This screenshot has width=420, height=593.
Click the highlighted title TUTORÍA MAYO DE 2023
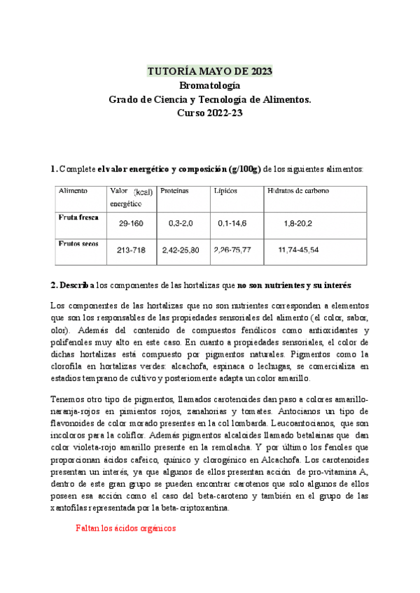tap(209, 71)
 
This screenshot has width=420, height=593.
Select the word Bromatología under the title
tap(209, 85)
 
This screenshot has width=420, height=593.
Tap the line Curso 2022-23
tap(209, 113)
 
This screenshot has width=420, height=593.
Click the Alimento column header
tap(73, 191)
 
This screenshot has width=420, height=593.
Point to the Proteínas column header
tap(174, 191)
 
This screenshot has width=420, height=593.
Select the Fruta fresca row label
tap(78, 217)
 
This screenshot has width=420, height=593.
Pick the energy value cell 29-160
tap(131, 223)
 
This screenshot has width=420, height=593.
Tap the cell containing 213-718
tap(132, 250)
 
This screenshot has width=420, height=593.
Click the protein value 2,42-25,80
tap(180, 250)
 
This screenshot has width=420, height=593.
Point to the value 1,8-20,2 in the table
tap(298, 223)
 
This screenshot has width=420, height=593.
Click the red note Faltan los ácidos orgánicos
tap(125, 529)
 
